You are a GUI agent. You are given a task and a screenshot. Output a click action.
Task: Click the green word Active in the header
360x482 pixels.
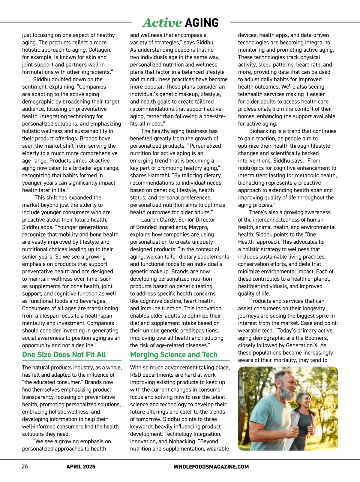click(x=162, y=23)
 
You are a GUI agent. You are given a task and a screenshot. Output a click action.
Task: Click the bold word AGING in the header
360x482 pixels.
click(x=202, y=23)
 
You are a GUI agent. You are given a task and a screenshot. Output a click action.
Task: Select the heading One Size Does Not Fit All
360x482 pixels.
click(x=64, y=355)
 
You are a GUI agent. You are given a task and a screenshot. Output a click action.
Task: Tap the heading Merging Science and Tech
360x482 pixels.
click(x=174, y=355)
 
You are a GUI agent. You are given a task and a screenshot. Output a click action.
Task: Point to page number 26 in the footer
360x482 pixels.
click(x=25, y=466)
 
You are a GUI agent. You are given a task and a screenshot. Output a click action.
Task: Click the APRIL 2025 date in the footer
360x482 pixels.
click(x=81, y=467)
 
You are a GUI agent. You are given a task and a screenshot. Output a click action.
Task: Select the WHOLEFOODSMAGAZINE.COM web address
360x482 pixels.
click(x=211, y=467)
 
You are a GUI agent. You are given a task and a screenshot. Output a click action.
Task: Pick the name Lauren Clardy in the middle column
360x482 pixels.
click(x=159, y=220)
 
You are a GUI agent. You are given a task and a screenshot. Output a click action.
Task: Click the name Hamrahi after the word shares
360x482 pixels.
click(x=160, y=176)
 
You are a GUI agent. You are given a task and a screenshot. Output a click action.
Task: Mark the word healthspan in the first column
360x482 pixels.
click(x=97, y=316)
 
